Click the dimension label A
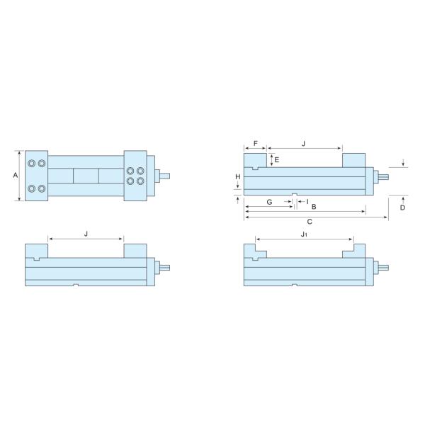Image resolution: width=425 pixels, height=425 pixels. point(16,175)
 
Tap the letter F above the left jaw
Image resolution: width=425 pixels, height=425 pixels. point(255,144)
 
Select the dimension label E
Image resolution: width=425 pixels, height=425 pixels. point(277,160)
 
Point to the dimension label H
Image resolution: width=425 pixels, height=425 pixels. point(238,176)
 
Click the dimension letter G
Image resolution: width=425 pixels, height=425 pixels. point(269,202)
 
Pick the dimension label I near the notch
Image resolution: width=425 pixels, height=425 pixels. point(307,202)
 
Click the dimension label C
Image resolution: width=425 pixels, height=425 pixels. point(310,222)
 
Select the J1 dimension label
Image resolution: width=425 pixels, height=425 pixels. point(303,233)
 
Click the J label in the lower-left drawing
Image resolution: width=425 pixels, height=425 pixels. point(86,233)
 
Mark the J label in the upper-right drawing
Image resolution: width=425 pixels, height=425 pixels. point(303,144)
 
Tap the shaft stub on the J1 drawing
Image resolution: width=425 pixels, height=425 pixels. point(382,268)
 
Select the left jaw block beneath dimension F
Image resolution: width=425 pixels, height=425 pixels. point(255,161)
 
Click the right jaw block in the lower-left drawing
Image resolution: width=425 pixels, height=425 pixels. point(135,251)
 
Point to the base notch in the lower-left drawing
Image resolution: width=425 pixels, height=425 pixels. point(75,285)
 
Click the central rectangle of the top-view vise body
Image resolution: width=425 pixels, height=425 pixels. point(86,176)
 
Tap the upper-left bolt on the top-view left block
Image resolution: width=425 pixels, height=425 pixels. point(32,164)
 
